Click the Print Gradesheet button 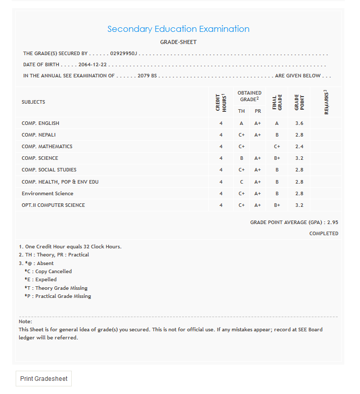pos(43,378)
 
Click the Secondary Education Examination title pos(178,29)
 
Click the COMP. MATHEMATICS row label pos(47,147)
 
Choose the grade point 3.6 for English pos(299,123)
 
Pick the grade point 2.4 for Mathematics pos(299,147)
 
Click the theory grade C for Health pos(242,182)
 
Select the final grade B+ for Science pos(277,158)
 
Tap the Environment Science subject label pos(48,194)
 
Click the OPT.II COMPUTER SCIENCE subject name pos(53,205)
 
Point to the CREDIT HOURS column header pos(221,102)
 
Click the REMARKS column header pos(326,102)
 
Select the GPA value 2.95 pos(333,222)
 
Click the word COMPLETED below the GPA pos(324,234)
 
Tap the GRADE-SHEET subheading pos(178,42)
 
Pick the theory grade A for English pos(242,123)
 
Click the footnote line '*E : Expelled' pos(40,280)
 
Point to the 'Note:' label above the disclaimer pos(25,322)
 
